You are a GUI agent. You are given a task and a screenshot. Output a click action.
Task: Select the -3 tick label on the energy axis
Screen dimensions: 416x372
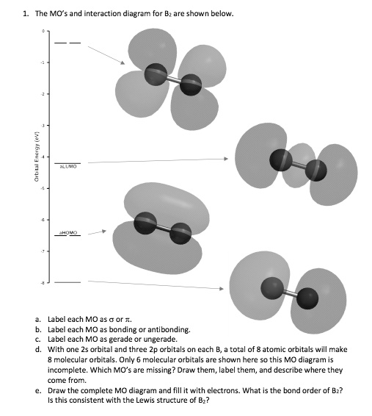pyautogui.click(x=44, y=126)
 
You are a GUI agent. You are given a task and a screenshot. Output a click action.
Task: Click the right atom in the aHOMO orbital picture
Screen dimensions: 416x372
pyautogui.click(x=179, y=235)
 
